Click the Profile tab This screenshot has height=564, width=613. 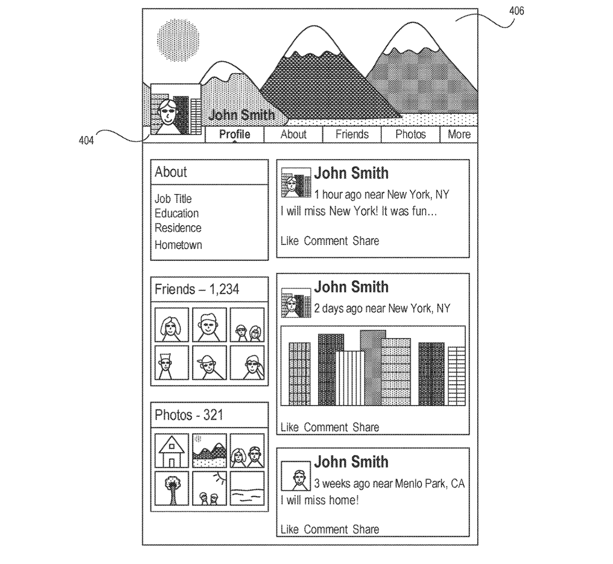(234, 134)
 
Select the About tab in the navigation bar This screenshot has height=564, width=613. (293, 134)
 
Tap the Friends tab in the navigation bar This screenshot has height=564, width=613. (352, 134)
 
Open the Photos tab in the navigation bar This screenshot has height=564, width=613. (410, 134)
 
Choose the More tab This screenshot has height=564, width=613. (459, 134)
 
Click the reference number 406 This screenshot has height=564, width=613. (516, 11)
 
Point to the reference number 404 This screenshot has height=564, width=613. (86, 141)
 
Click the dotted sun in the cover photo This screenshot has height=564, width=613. (178, 41)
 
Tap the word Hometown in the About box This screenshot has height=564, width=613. (178, 245)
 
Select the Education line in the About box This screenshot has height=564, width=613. (177, 213)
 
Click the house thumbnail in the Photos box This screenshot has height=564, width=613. (172, 450)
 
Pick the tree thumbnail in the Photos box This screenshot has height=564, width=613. (172, 489)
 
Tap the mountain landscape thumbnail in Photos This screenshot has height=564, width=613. (209, 450)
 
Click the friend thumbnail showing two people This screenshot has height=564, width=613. (247, 325)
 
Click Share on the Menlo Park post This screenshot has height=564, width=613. (366, 530)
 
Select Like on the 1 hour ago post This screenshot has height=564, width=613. (289, 241)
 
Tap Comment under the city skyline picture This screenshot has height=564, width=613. (326, 427)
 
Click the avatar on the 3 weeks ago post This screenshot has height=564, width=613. (296, 476)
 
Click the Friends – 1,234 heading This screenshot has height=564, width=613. (197, 289)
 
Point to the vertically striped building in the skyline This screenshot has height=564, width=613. (350, 378)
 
